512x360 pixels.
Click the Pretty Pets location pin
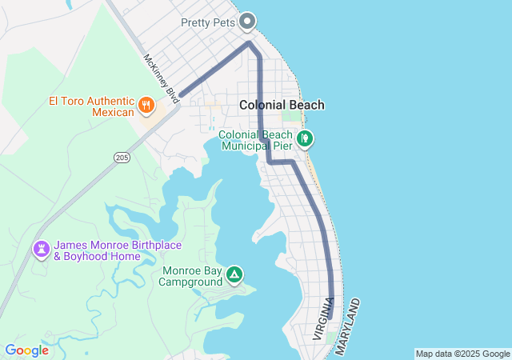coord(248,21)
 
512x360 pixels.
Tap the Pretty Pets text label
coord(208,22)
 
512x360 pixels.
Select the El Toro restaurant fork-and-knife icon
coord(146,104)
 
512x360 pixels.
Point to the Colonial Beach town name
coord(282,105)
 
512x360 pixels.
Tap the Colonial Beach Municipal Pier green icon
coord(304,140)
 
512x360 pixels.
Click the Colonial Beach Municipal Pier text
coord(255,141)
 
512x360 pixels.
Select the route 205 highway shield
coord(121,157)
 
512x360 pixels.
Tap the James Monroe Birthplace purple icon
coord(41,250)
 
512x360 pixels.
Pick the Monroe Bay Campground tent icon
coord(234,275)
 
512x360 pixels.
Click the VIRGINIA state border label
coord(322,318)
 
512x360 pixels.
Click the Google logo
coord(26,350)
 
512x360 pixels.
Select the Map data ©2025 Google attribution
coord(462,354)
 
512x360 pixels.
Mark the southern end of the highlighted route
coord(330,318)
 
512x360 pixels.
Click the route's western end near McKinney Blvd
coord(182,94)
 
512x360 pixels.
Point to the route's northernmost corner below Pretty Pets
coord(250,42)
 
